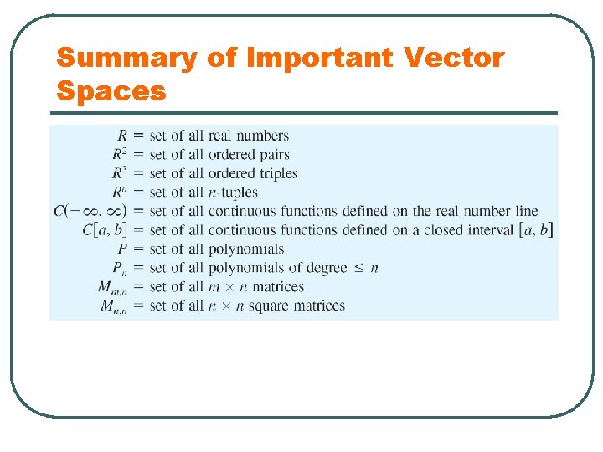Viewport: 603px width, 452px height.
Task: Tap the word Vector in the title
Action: (454, 59)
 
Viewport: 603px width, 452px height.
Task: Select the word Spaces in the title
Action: (111, 90)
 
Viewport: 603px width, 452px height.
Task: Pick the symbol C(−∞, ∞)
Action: (90, 211)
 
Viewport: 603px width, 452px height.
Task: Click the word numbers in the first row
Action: (262, 136)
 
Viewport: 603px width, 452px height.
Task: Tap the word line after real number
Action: (525, 211)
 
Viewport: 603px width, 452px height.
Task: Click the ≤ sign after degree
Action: (357, 268)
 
